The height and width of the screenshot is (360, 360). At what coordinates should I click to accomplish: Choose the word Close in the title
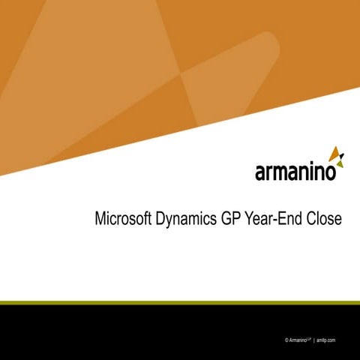click(x=324, y=220)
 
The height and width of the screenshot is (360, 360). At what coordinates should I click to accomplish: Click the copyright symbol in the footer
click(x=287, y=340)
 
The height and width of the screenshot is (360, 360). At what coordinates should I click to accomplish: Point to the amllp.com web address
click(x=325, y=340)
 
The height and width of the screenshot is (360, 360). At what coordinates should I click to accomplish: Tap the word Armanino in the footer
click(x=298, y=340)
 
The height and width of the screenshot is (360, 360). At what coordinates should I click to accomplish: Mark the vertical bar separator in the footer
click(x=313, y=340)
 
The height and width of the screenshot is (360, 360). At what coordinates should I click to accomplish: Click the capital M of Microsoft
click(x=100, y=220)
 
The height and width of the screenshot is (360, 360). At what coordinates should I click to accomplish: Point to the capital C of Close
click(x=310, y=220)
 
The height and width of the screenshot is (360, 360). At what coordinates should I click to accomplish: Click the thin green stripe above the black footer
click(x=180, y=303)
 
